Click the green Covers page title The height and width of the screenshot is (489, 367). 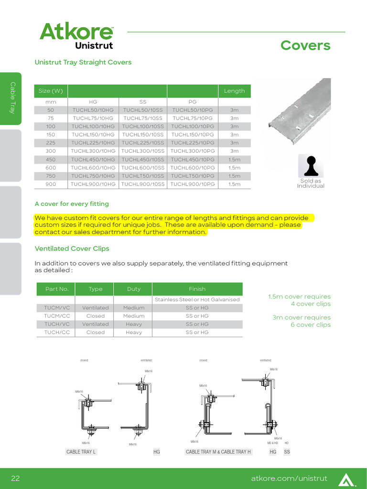point(305,45)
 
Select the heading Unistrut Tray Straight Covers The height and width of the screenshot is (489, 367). point(83,62)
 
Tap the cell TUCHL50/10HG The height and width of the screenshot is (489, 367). point(93,110)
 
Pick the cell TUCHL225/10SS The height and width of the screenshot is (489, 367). point(143,143)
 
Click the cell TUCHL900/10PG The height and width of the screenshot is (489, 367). point(193,184)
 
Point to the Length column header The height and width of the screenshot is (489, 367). point(234,91)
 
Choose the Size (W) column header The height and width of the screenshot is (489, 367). point(51,91)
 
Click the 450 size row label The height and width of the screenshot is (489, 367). point(51,159)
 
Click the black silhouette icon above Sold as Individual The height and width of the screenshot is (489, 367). point(311,165)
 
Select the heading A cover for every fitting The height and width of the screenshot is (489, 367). point(72,204)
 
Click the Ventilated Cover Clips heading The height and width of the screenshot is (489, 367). point(72,249)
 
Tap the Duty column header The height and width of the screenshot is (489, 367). point(134,289)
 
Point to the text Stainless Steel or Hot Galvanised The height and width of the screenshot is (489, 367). point(197,300)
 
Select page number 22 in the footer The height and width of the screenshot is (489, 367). point(15,478)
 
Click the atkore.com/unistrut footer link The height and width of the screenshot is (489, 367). point(289,478)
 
